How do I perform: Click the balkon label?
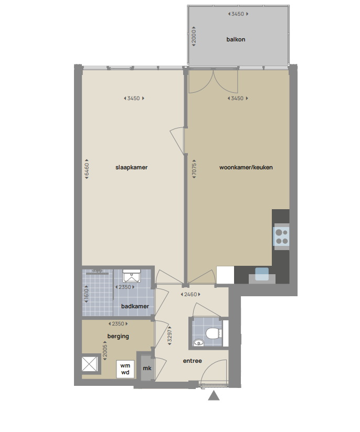(236, 39)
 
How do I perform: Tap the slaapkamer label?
(131, 168)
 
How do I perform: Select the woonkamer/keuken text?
(246, 168)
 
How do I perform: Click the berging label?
(118, 337)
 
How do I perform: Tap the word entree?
(193, 361)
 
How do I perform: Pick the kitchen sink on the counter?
(261, 274)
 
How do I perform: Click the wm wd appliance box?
(125, 369)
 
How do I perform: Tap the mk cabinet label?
(147, 369)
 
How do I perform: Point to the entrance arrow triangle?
(214, 396)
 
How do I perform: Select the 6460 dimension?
(87, 170)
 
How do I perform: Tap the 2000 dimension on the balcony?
(194, 36)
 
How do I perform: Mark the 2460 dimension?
(189, 295)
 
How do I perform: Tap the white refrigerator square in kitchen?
(225, 275)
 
